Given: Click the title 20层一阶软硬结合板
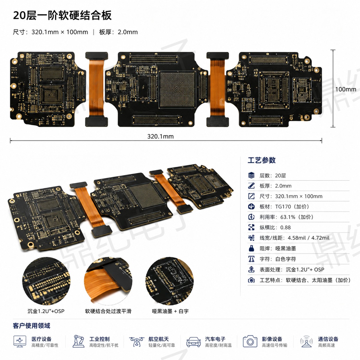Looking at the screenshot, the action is [x=62, y=15].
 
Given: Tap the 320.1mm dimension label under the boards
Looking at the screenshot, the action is [x=160, y=136].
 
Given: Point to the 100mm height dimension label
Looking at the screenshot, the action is [x=346, y=89].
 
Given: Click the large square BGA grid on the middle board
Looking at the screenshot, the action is [x=177, y=89].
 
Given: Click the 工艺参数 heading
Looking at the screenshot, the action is [x=262, y=160].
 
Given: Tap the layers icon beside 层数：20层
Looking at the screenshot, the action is [x=251, y=175].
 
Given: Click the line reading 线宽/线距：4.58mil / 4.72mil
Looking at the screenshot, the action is [x=295, y=238].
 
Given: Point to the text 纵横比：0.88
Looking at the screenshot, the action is [x=275, y=227].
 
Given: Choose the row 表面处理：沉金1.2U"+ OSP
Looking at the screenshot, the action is [x=292, y=270].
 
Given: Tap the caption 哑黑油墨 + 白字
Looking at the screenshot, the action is [x=170, y=311].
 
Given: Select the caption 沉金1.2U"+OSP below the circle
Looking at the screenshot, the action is [x=46, y=311].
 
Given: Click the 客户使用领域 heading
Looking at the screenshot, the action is [x=31, y=326].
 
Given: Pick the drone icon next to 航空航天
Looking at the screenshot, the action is [x=137, y=341].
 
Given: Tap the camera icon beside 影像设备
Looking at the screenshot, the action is [x=250, y=341].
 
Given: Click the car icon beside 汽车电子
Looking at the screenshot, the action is [x=193, y=342].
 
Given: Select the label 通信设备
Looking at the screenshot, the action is [x=328, y=339].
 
